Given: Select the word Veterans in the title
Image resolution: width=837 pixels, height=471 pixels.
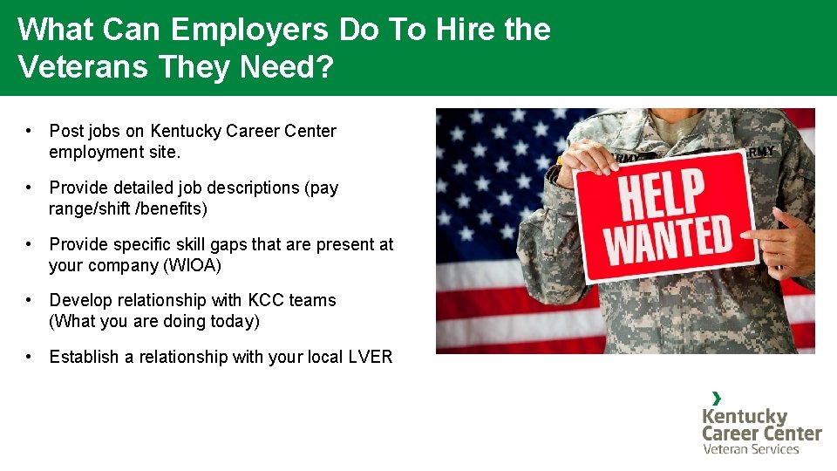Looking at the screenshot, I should coord(82,67).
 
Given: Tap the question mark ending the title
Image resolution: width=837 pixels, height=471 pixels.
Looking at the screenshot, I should coord(324,67).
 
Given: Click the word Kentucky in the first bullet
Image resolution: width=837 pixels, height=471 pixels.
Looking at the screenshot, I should coord(186,132).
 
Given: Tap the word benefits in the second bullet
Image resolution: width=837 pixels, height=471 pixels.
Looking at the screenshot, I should coord(177,209).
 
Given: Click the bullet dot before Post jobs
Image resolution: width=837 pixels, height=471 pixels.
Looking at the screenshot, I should coord(30,131).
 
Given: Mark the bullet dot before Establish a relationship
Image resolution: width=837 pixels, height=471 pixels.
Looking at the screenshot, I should coord(30,356).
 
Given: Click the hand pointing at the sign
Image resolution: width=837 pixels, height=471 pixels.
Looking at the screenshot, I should coord(789,240).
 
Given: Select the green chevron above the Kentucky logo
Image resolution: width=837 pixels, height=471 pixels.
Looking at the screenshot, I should coord(717,399).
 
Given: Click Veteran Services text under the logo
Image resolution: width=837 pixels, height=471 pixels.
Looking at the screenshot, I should coord(751,449).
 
